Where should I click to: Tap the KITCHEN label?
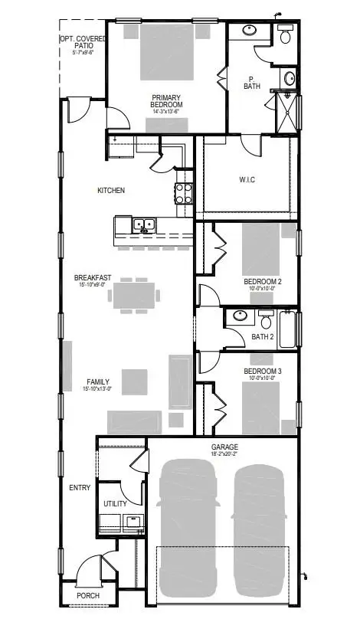click(x=111, y=190)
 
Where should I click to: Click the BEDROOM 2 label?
click(x=263, y=282)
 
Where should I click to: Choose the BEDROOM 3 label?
click(x=263, y=372)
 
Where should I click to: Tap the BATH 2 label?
click(x=263, y=336)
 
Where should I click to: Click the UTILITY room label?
click(x=116, y=504)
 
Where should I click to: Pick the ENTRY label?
click(x=80, y=488)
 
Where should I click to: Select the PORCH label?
click(x=87, y=595)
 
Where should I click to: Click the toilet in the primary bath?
click(x=286, y=34)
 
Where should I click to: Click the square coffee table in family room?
click(x=135, y=381)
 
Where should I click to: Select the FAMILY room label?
click(x=98, y=381)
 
